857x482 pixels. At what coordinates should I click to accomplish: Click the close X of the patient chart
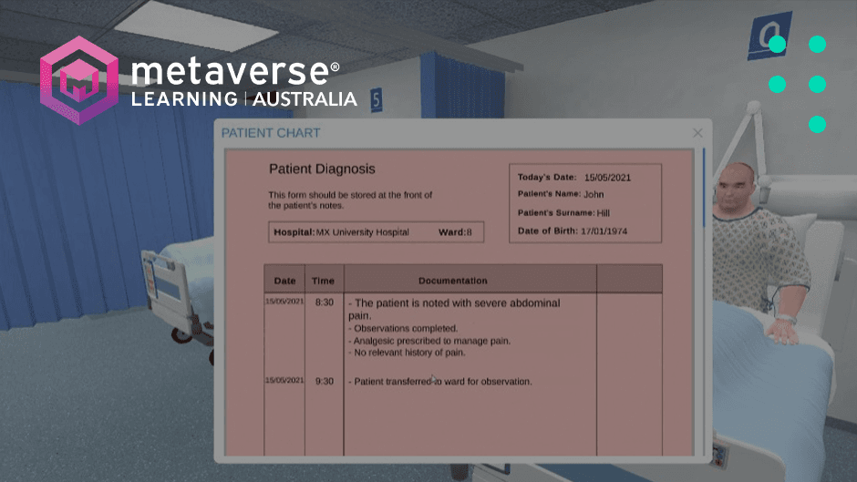coord(697,133)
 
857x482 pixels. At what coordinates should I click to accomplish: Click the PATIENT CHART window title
coord(271,133)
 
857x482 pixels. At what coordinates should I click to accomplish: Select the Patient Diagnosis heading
coord(322,169)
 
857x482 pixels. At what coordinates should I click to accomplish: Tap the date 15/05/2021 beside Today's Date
coord(608,177)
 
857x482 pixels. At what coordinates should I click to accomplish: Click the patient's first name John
coord(594,194)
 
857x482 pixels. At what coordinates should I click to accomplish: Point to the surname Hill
coord(604,212)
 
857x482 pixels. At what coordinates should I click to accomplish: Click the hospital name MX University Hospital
coord(362,232)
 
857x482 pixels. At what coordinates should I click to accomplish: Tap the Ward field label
coord(450,232)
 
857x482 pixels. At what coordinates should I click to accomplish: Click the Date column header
coord(284,281)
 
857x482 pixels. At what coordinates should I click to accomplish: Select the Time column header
coord(322,281)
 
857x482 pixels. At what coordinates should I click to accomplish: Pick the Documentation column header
coord(452,281)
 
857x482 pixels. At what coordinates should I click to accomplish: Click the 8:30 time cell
coord(324,302)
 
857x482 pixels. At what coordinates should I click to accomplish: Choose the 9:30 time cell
coord(324,382)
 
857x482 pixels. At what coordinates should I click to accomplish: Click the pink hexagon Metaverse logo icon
coord(79,79)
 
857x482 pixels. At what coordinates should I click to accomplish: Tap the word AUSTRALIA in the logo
coord(305,98)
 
